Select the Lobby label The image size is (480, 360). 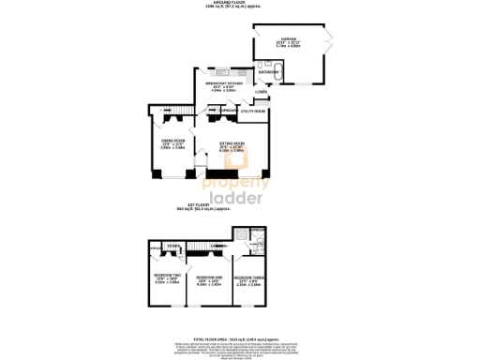261,92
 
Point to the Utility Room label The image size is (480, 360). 253,112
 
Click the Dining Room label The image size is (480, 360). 172,143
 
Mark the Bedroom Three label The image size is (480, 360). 247,279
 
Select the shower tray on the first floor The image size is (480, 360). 242,235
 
